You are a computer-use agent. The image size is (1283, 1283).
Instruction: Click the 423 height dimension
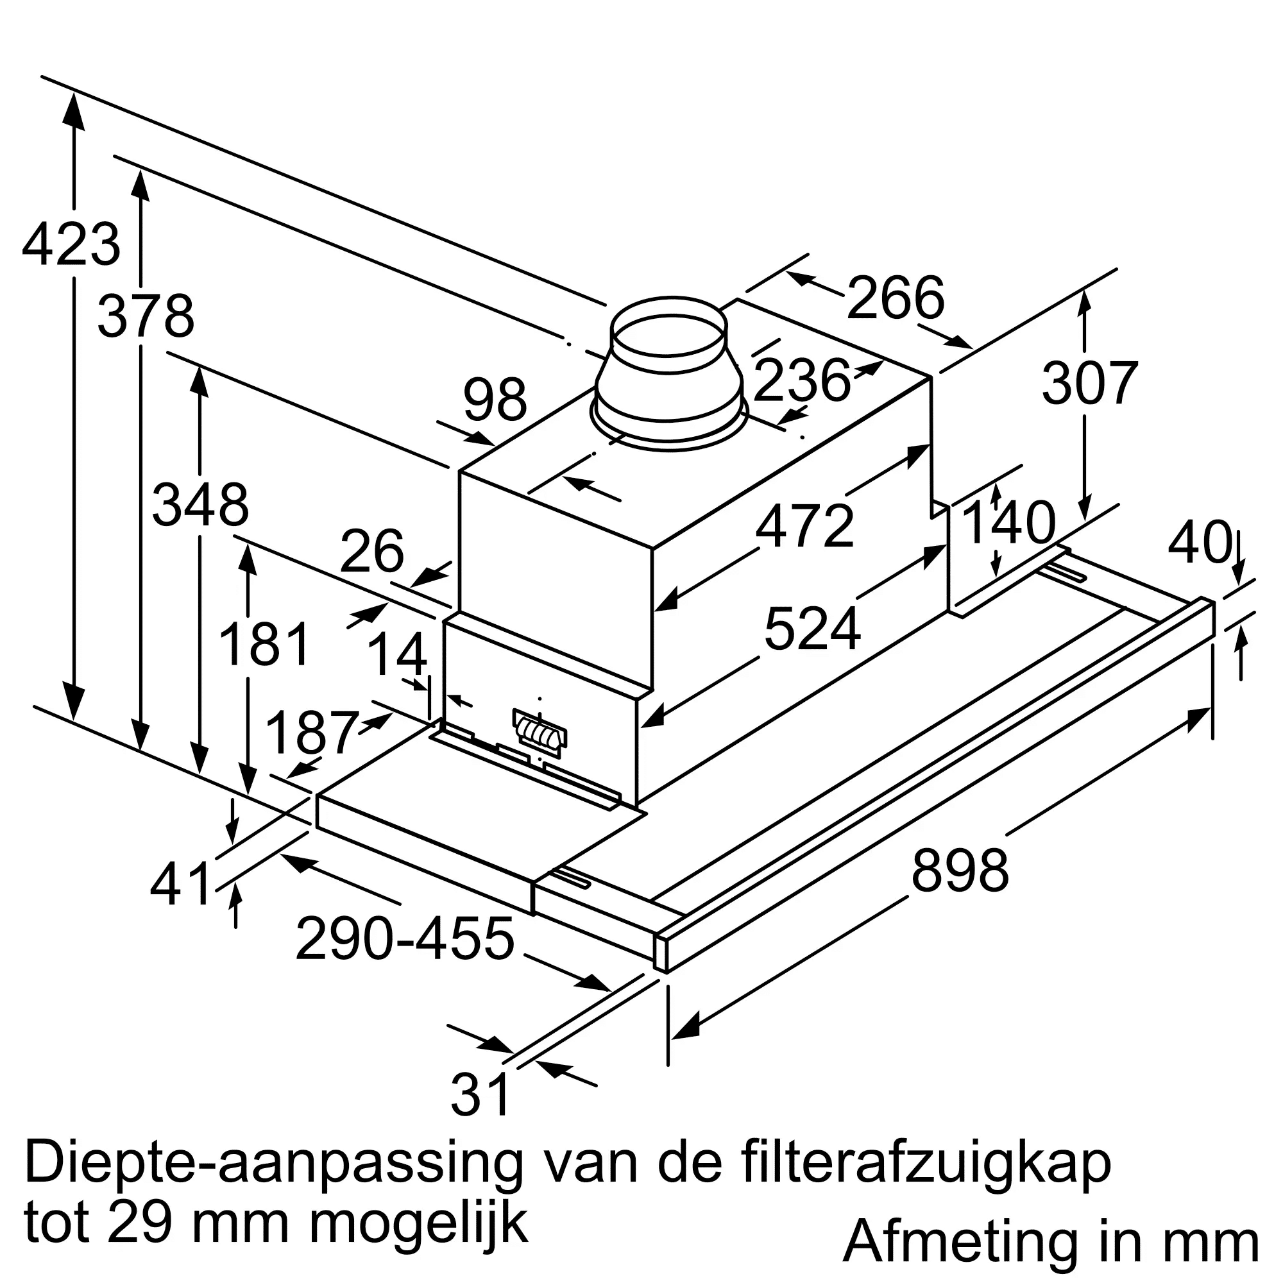tap(71, 245)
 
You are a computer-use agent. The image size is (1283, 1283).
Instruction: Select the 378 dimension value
tap(146, 316)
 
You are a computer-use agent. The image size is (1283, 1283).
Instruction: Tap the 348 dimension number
tap(201, 506)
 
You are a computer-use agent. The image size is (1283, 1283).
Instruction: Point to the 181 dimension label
tap(264, 644)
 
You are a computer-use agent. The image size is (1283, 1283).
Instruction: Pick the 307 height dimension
tap(1090, 383)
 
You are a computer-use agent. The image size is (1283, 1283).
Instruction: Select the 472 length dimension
tap(805, 527)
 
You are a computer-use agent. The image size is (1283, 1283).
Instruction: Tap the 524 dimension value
tap(812, 629)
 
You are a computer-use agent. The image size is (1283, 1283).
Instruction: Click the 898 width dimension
tap(960, 871)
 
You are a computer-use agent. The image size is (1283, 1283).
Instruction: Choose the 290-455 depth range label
tap(405, 939)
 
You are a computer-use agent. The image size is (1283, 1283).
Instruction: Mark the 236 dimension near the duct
tap(803, 380)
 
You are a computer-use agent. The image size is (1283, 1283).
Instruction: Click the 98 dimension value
tap(495, 400)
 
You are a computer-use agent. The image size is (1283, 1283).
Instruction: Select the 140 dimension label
tap(1008, 523)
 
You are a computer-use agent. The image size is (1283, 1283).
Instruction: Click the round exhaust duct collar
tap(669, 372)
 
